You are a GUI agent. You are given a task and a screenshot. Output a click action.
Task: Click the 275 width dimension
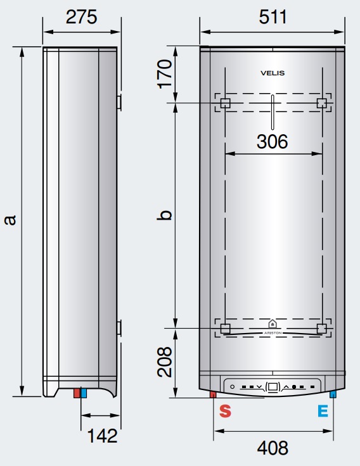click(x=81, y=17)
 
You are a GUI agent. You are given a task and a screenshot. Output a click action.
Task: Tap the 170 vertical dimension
click(x=165, y=73)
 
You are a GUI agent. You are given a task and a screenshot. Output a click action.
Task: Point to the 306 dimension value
click(x=272, y=142)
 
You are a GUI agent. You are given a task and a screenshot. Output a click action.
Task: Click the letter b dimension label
click(x=165, y=215)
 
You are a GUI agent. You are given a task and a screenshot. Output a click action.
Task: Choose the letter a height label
click(x=10, y=220)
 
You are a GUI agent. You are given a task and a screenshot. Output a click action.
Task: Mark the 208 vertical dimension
click(x=165, y=362)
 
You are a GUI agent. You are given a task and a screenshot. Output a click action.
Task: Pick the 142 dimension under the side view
click(x=101, y=436)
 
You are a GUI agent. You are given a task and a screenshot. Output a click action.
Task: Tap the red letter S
click(x=225, y=411)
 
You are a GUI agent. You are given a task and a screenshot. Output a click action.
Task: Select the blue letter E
click(x=323, y=411)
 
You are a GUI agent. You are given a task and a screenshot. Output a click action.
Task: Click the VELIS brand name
click(x=273, y=73)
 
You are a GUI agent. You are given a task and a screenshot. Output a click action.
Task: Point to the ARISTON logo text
click(x=273, y=332)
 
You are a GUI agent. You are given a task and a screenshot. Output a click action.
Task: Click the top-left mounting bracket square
click(x=224, y=103)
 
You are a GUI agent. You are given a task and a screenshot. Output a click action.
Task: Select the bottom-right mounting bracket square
click(x=321, y=328)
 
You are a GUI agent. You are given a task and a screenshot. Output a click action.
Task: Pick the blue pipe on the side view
click(x=83, y=393)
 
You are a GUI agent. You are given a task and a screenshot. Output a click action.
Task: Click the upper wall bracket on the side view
click(x=119, y=102)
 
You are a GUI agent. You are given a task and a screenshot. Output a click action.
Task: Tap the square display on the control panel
click(x=273, y=386)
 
